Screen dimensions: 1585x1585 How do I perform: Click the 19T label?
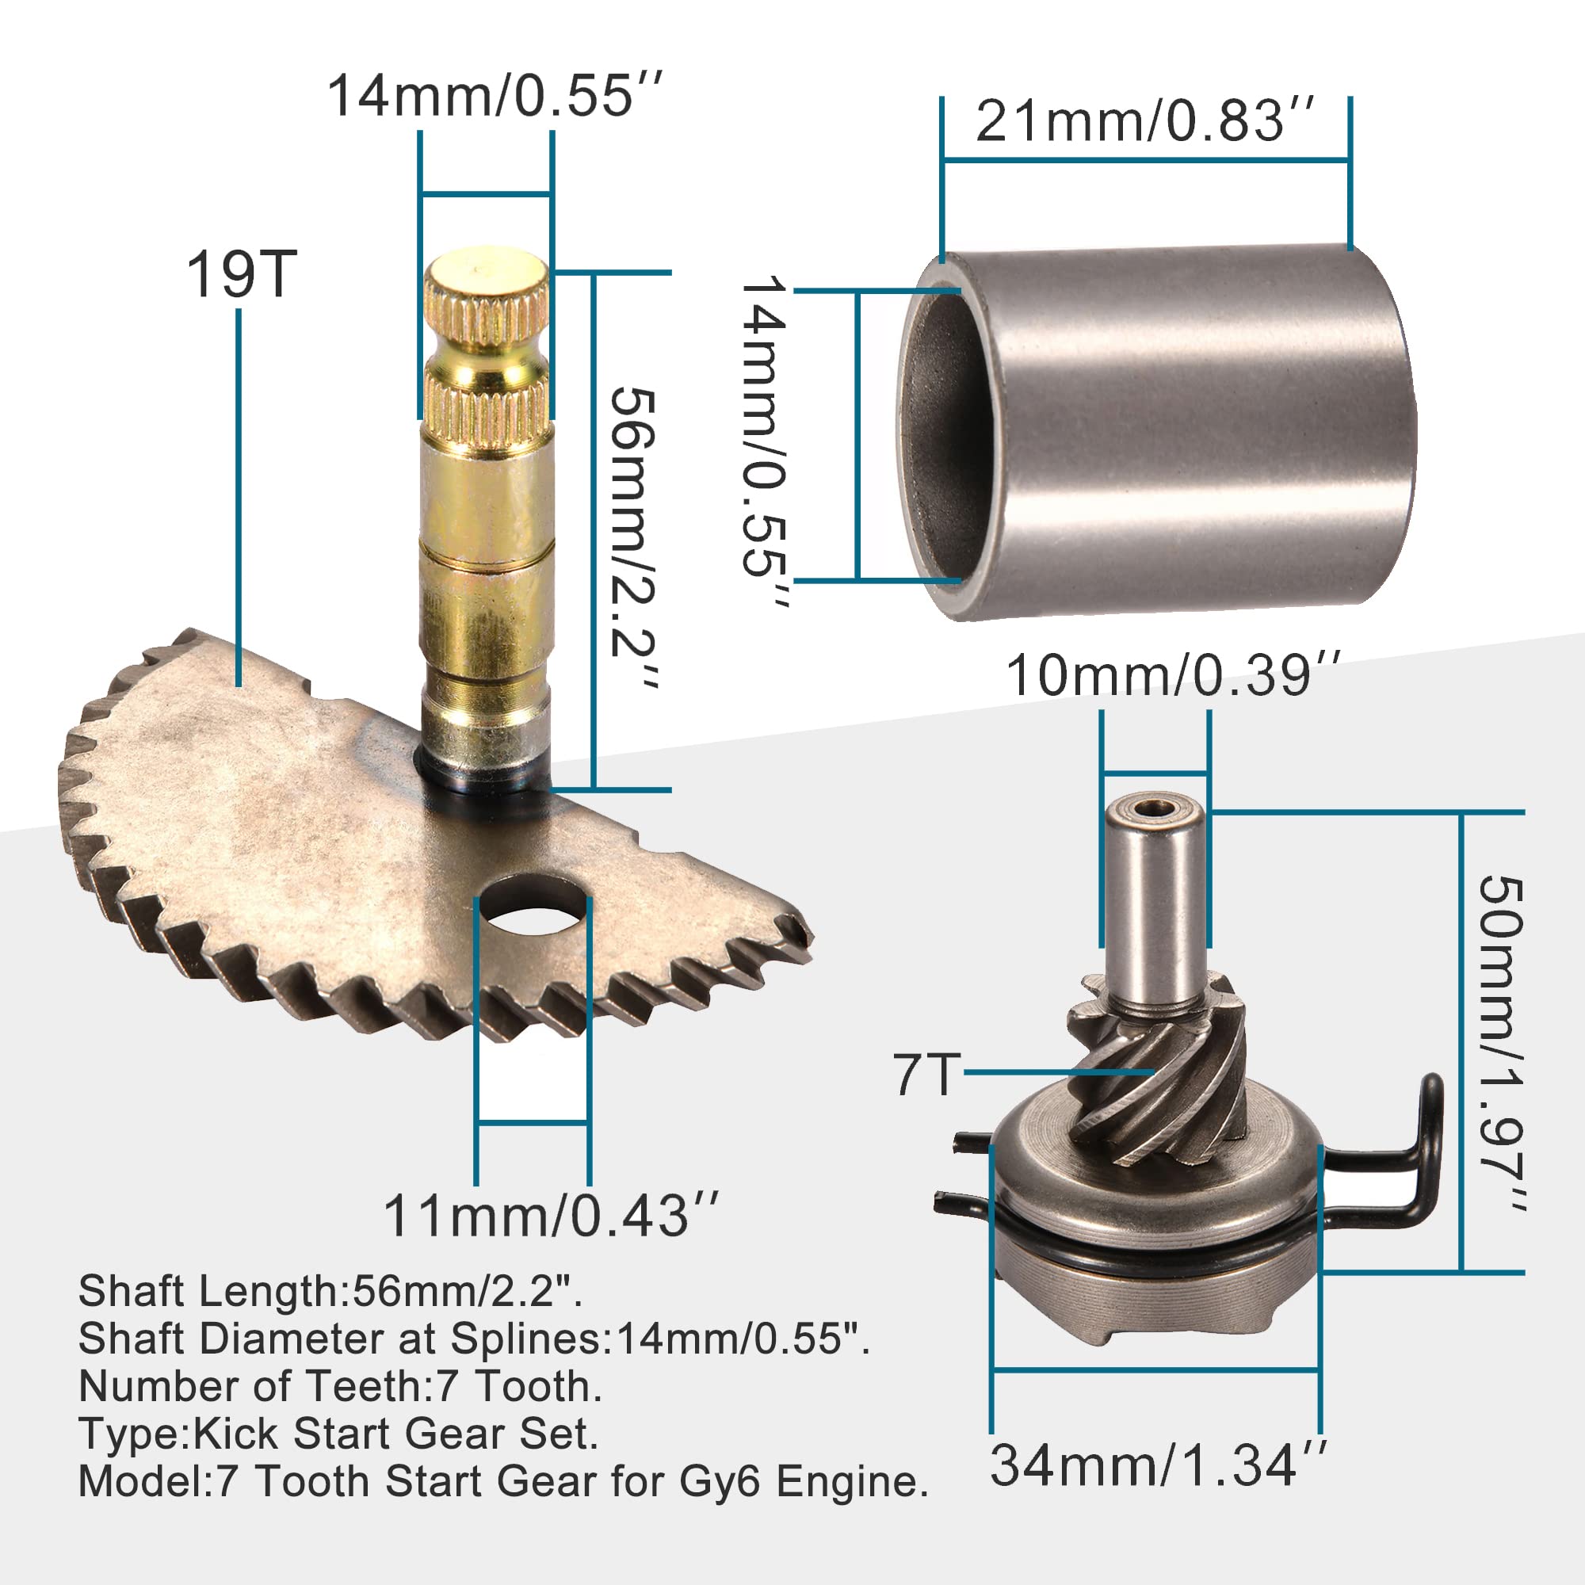click(241, 275)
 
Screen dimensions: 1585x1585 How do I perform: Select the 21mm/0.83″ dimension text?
click(1145, 120)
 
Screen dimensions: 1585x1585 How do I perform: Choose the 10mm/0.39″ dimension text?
click(1173, 675)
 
